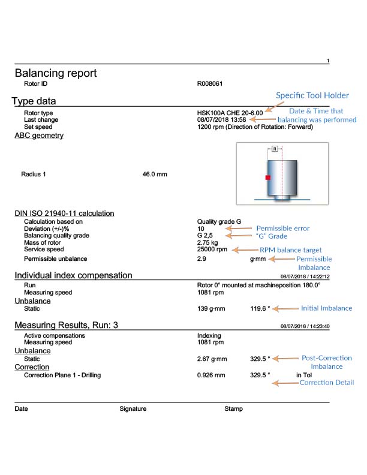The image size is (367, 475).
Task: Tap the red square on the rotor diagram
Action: coord(269,178)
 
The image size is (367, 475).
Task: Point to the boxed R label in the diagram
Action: coord(274,148)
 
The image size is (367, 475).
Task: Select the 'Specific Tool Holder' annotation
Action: coord(312,95)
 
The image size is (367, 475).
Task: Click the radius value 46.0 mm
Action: coord(155,175)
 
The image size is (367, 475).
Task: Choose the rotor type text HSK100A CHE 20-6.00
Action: coord(230,113)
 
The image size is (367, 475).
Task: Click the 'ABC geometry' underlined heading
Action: coord(39,136)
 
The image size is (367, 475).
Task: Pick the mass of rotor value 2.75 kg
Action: coord(209,242)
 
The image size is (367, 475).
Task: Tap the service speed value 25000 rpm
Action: coord(212,249)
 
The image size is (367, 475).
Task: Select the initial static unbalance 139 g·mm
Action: coord(210,308)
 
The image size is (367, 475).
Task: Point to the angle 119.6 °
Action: coord(260,308)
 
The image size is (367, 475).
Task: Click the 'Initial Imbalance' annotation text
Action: coord(326,308)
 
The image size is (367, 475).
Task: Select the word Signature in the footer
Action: coord(133,409)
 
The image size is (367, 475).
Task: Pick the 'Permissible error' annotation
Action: coord(284,229)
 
